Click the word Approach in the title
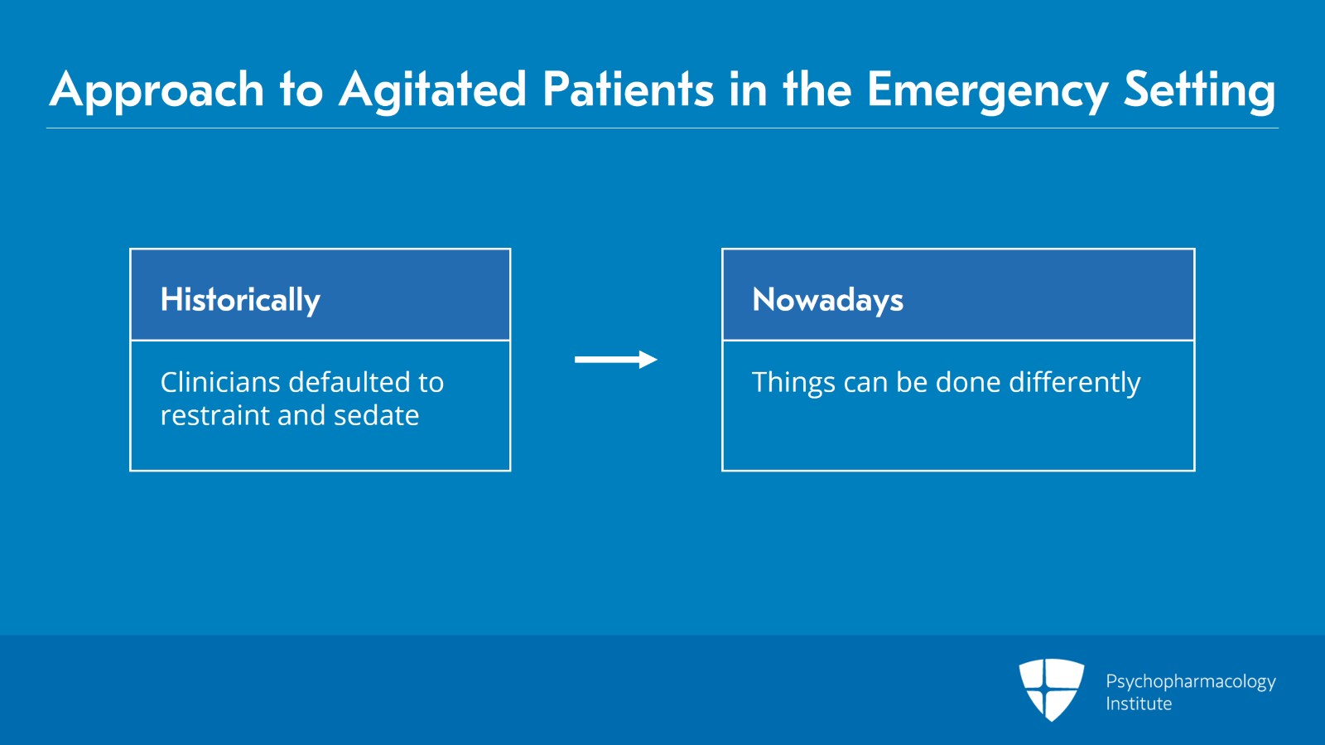(157, 90)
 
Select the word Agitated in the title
(432, 90)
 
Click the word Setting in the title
(1200, 91)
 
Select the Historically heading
(240, 300)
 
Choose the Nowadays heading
(827, 300)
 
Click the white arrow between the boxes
(616, 359)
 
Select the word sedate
(376, 415)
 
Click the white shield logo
(1052, 689)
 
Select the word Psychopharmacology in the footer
(1191, 682)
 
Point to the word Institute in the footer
(1139, 704)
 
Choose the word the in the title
(817, 90)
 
